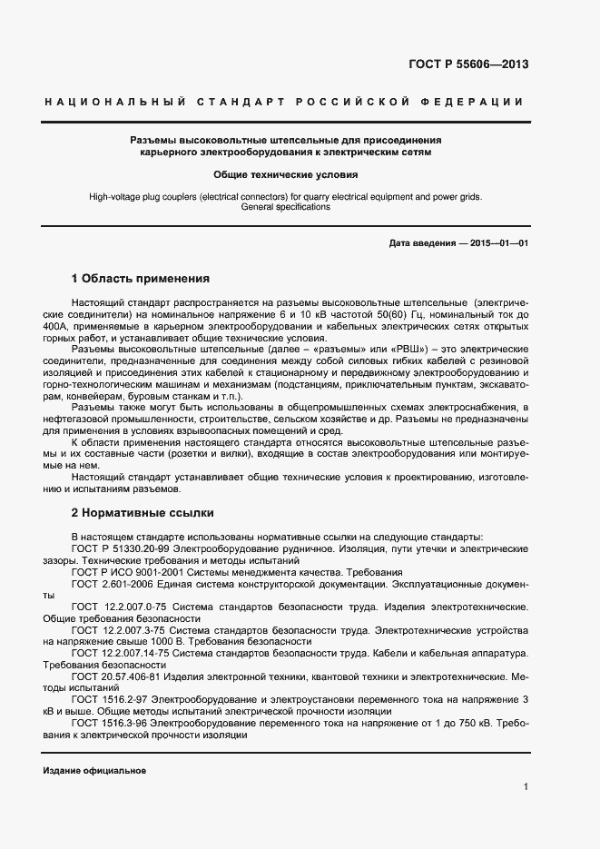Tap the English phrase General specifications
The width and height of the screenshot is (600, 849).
(x=286, y=207)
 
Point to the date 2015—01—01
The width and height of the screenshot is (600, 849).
(x=496, y=244)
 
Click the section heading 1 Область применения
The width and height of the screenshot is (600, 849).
(x=140, y=279)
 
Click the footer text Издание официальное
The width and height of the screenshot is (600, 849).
(x=94, y=770)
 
